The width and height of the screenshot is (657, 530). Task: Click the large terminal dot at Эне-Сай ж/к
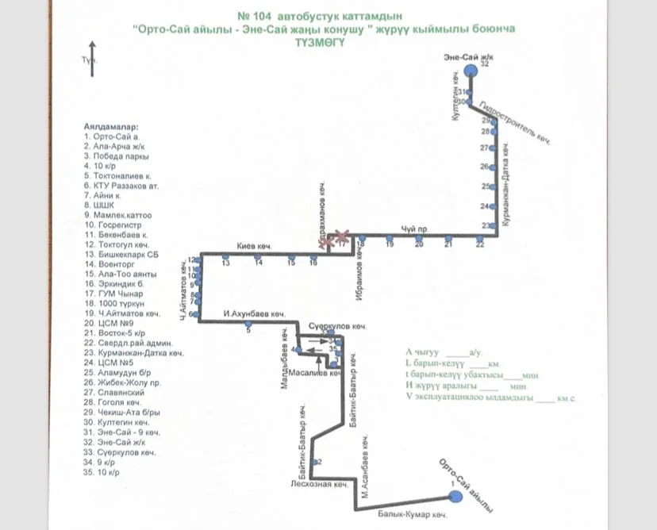click(x=471, y=70)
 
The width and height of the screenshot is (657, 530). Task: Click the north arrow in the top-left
click(x=94, y=60)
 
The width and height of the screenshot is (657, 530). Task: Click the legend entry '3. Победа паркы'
click(x=116, y=156)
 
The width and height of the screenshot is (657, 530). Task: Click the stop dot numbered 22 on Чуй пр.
click(x=479, y=237)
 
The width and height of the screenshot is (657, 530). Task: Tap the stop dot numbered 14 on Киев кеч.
click(x=258, y=256)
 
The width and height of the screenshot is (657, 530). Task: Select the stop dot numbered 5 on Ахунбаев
click(x=248, y=322)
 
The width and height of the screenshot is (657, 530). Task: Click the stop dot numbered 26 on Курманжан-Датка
click(x=494, y=167)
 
